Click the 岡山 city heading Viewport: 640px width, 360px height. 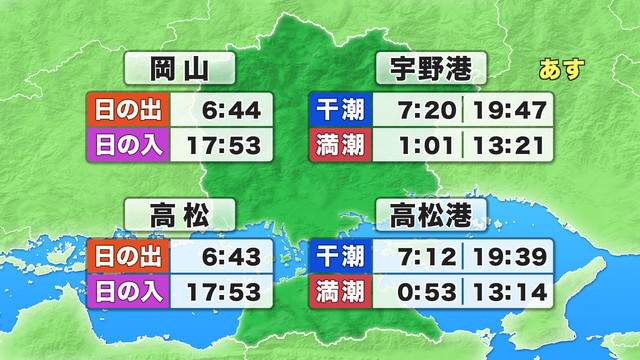click(180, 69)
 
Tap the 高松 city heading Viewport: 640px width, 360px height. click(180, 213)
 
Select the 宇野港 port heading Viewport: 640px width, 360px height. click(431, 69)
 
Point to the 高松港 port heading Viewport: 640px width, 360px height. click(431, 213)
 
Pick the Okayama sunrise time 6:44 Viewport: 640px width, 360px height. click(232, 109)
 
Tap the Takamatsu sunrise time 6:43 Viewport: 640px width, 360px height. click(232, 257)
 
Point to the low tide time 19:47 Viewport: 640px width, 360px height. click(509, 109)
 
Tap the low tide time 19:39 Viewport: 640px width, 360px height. click(509, 257)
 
